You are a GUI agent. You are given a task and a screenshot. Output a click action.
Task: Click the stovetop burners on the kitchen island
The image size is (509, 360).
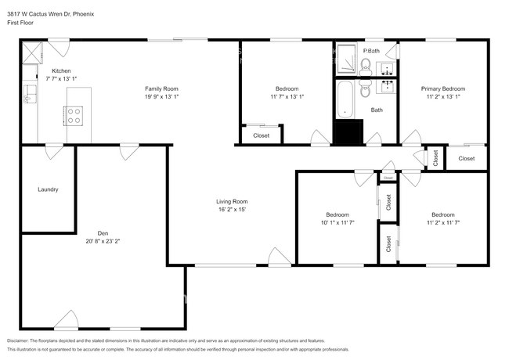(x=74, y=116)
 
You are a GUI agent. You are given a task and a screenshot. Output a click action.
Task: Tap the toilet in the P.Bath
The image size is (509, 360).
(x=366, y=64)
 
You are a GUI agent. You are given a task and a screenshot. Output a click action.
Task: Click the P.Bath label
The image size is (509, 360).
(x=371, y=51)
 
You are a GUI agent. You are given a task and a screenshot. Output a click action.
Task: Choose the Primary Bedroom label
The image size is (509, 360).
(x=442, y=89)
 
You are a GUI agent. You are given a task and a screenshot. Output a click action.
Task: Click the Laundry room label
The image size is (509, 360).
(x=48, y=189)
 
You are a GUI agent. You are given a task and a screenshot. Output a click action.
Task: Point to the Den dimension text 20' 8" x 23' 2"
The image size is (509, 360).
(x=103, y=241)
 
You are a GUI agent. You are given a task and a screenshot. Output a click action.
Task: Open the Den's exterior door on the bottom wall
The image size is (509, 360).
(x=67, y=320)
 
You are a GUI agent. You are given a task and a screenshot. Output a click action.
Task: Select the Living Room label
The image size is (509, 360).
(x=232, y=202)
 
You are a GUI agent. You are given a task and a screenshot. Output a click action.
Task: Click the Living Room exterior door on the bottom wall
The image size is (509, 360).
(x=278, y=257)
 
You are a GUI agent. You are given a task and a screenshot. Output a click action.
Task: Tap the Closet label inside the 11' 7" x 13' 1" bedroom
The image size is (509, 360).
(x=261, y=135)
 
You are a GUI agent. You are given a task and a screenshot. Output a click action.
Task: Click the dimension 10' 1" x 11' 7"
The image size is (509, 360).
(x=337, y=223)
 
